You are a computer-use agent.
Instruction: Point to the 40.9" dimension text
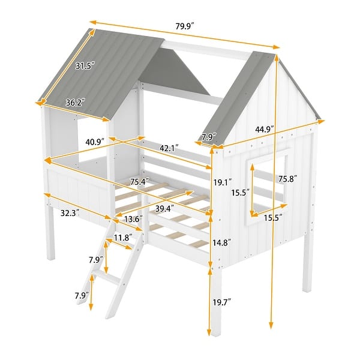[95, 142]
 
